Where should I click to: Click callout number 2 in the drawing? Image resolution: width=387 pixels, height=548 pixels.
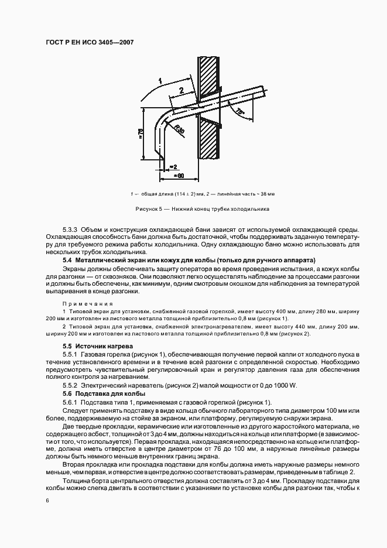coord(181,90)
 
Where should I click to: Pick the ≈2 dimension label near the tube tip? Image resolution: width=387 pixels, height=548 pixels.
coord(173,166)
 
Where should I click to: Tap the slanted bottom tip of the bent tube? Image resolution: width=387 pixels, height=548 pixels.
coord(160,155)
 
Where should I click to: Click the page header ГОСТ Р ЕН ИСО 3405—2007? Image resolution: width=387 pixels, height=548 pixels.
coord(86,44)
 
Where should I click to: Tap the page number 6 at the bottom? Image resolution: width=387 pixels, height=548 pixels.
coord(47,499)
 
